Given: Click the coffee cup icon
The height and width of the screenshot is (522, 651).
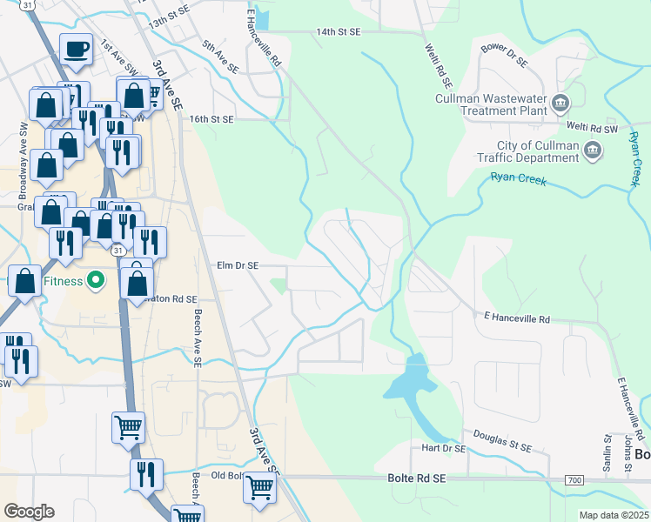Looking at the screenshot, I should pos(77,50).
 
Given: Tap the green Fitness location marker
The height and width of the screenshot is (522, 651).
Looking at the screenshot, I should pos(97,281).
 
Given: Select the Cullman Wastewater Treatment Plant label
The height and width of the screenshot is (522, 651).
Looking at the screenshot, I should pos(492,104).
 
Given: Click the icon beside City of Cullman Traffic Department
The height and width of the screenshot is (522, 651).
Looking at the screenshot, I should pos(593,151).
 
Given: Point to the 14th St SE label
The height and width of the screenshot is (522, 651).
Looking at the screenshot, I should pos(338,31).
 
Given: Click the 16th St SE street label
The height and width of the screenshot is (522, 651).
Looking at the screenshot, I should pos(211,118).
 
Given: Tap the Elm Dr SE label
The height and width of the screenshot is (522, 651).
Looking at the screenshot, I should pos(238,265).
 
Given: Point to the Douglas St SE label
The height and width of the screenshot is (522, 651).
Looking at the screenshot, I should pos(502,440).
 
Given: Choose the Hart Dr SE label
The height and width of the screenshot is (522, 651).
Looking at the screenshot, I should pos(443,449).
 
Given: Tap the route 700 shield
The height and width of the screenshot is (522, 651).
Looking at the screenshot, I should pos(574,480).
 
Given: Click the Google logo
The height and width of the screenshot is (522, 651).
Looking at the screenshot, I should pos(29,511).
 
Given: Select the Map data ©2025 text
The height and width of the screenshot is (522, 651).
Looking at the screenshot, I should pos(614,515).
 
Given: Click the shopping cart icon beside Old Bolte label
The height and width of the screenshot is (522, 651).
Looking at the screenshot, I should pos(258,488).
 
